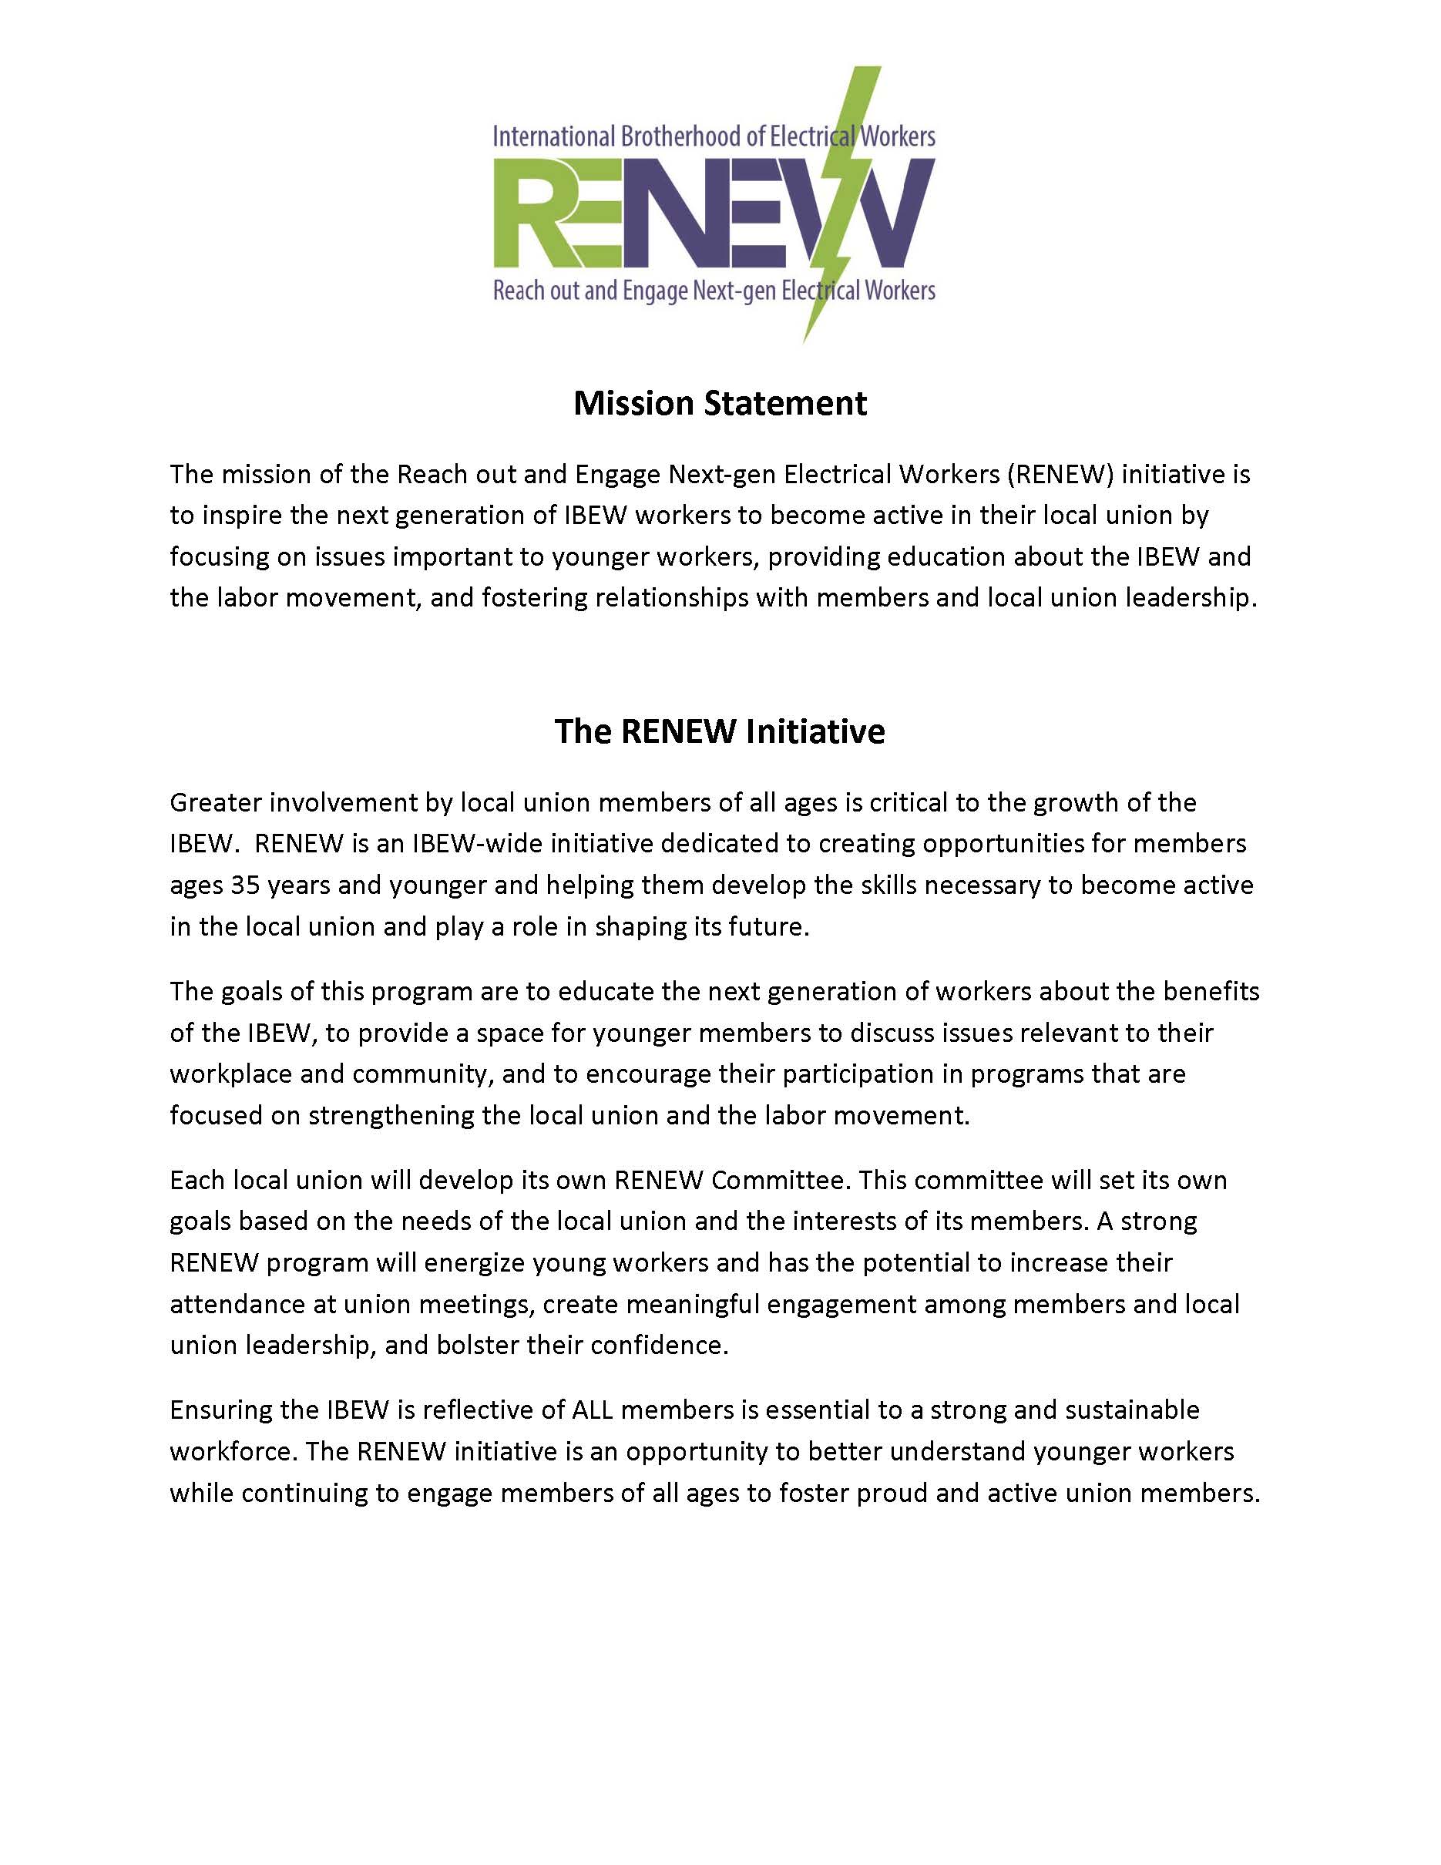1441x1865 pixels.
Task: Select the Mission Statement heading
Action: coord(720,403)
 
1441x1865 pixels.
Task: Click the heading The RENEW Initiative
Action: coord(720,731)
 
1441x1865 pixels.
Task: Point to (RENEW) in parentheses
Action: coord(1060,474)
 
